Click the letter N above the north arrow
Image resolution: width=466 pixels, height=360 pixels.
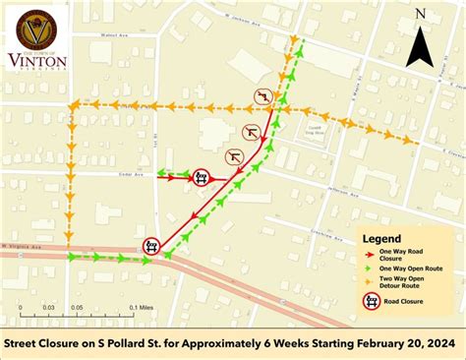coord(420,14)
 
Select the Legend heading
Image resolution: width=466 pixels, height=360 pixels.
coord(381,239)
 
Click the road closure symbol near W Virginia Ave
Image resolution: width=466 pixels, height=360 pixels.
coord(152,244)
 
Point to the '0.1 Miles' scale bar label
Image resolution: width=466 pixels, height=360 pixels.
coord(138,307)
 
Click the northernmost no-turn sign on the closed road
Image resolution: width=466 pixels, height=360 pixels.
coord(262,95)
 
